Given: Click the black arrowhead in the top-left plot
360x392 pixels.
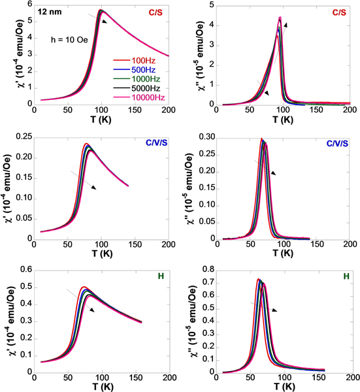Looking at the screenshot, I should click(x=103, y=21).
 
